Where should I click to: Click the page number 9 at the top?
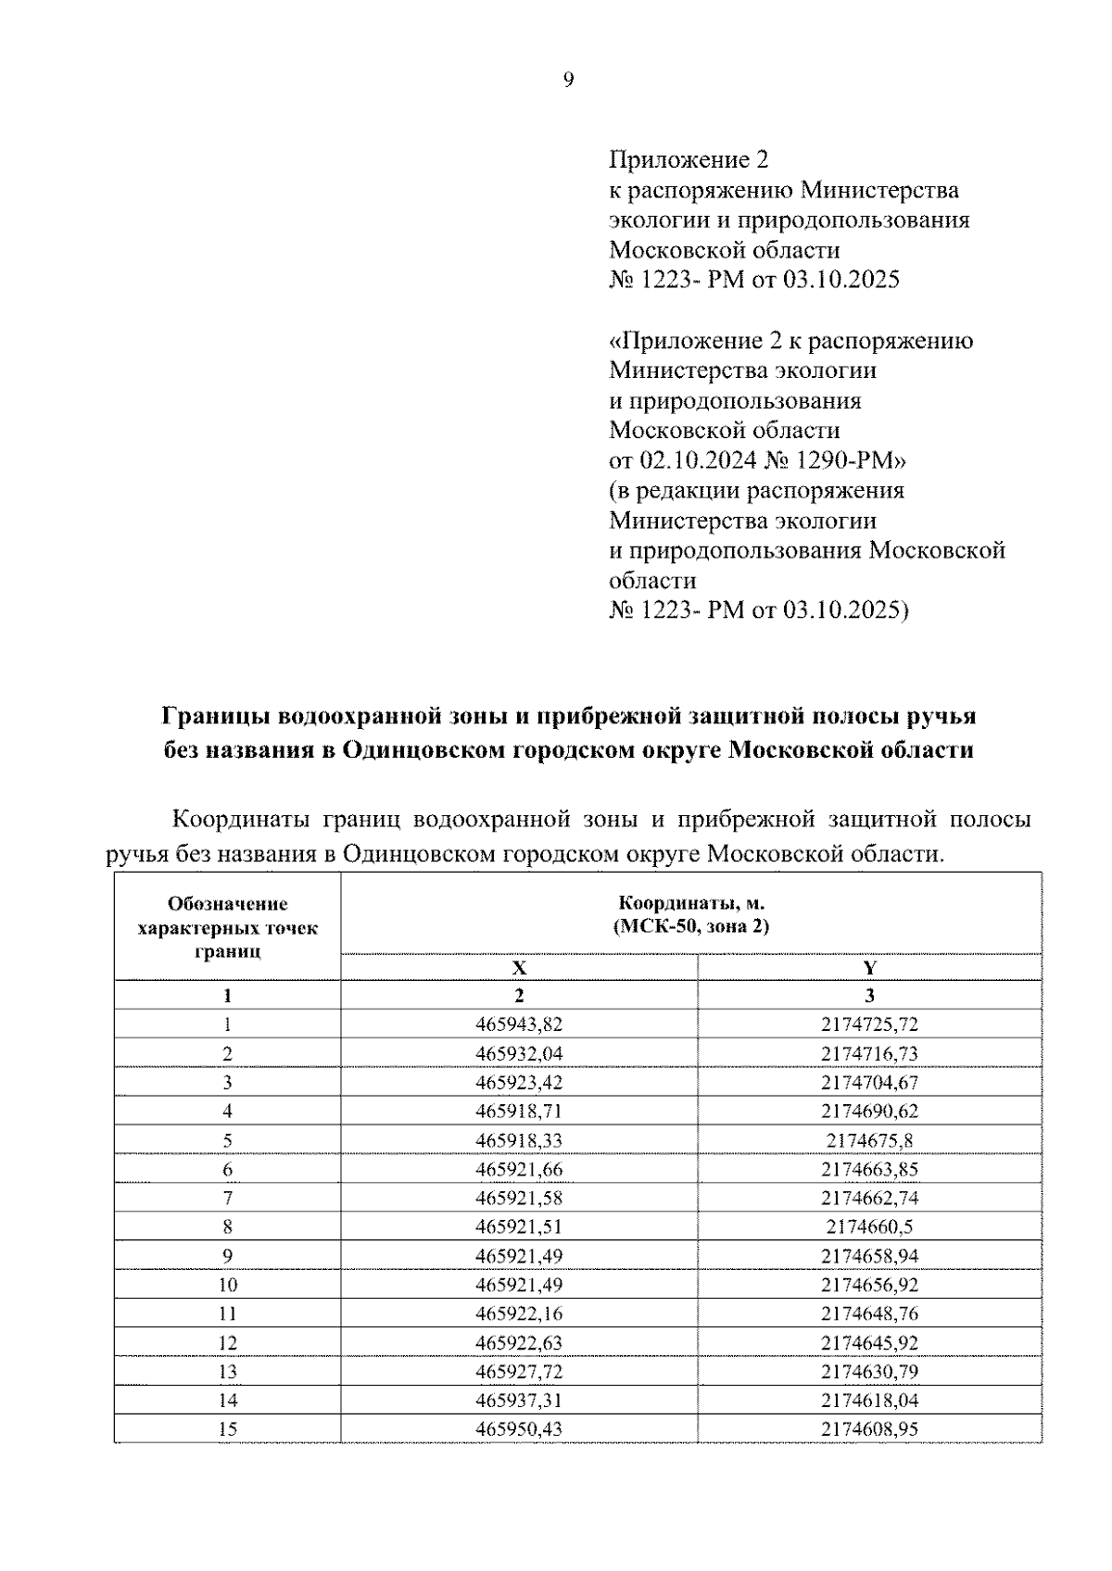[x=569, y=81]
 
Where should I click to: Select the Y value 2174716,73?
[x=869, y=1053]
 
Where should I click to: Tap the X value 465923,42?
[x=519, y=1082]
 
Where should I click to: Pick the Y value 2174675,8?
[x=869, y=1140]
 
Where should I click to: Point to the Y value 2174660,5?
[x=869, y=1226]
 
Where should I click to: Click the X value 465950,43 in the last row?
[x=519, y=1429]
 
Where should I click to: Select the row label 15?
[x=227, y=1429]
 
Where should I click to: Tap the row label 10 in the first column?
[x=227, y=1285]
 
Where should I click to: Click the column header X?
[x=519, y=968]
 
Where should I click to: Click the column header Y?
[x=869, y=968]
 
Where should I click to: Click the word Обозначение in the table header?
[x=228, y=904]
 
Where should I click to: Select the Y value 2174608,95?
[x=869, y=1429]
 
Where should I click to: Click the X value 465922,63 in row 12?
[x=519, y=1342]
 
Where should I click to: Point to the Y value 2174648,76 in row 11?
[x=869, y=1313]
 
